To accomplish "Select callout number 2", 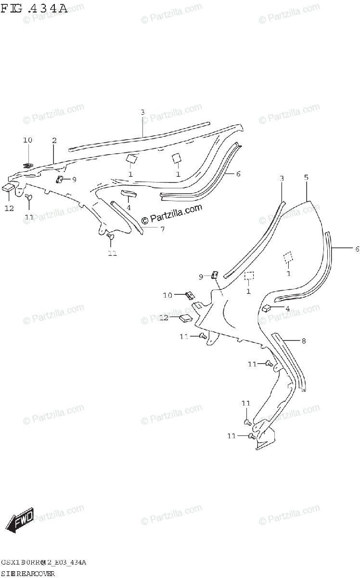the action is click(54, 141).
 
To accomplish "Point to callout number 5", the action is click(306, 178).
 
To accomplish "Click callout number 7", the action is click(162, 229).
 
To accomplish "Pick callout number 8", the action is click(303, 341).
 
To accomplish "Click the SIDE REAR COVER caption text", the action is click(27, 573).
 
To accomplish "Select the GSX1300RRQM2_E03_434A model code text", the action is click(43, 563).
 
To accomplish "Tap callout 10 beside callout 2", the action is click(27, 140).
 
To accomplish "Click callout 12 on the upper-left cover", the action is click(10, 209).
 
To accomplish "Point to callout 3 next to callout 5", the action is click(282, 179).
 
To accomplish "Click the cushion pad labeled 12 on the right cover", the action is click(186, 317).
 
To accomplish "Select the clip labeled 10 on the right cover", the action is click(190, 295).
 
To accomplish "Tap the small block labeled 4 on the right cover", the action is click(267, 308).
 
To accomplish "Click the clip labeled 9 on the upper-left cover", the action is click(61, 180).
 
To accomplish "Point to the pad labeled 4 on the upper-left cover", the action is click(130, 194).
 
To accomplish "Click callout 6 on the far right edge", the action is click(357, 249).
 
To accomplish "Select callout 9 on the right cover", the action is click(201, 276).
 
